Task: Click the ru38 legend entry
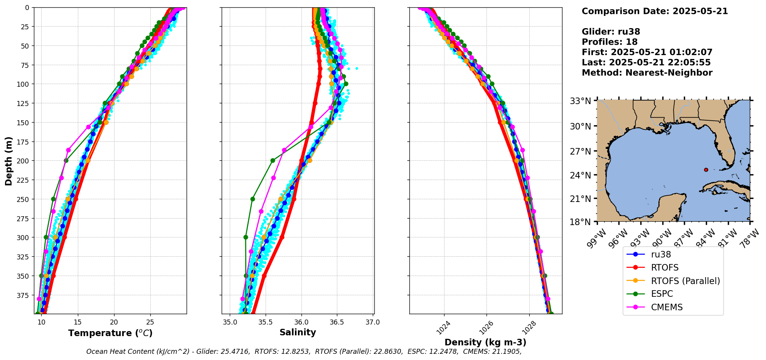661,254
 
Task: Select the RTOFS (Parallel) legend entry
685,281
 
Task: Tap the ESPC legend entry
662,294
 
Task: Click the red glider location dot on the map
706,170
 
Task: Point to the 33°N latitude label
581,101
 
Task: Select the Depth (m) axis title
9,161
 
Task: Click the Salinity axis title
298,332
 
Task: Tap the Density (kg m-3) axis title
485,342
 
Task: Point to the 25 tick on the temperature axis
150,322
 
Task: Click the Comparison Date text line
655,11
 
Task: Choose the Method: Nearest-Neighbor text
647,72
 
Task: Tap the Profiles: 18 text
609,42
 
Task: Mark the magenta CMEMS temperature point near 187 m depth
68,150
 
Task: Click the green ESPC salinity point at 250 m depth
253,199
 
